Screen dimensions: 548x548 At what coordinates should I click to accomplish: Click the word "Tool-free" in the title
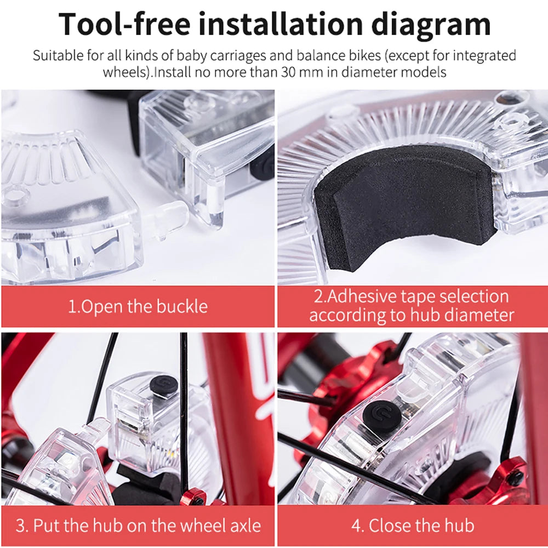click(x=124, y=24)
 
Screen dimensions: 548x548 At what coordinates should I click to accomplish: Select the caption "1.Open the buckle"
click(x=138, y=306)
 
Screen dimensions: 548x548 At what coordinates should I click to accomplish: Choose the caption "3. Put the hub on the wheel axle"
click(x=139, y=526)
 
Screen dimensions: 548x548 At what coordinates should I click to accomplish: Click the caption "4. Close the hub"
click(x=413, y=526)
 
